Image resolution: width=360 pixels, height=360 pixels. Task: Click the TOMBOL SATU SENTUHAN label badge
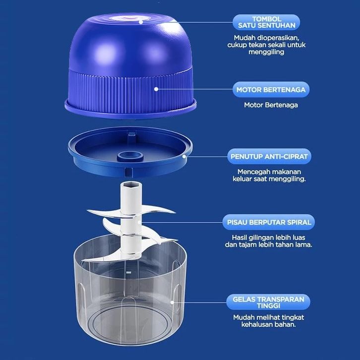pyautogui.click(x=266, y=22)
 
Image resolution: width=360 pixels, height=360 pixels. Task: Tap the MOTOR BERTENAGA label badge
pyautogui.click(x=271, y=90)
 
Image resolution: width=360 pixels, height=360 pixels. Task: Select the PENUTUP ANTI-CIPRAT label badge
pyautogui.click(x=269, y=156)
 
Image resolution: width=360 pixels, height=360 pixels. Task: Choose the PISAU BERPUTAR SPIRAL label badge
pyautogui.click(x=269, y=222)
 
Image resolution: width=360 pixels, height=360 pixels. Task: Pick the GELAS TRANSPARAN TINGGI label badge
pyautogui.click(x=268, y=302)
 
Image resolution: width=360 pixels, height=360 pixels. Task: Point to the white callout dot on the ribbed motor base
pyautogui.click(x=156, y=89)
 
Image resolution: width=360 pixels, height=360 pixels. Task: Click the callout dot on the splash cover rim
pyautogui.click(x=184, y=156)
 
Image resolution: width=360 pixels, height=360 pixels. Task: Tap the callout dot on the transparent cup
pyautogui.click(x=172, y=302)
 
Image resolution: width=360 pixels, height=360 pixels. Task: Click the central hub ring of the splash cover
pyautogui.click(x=130, y=156)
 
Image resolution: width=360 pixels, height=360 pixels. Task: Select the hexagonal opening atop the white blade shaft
pyautogui.click(x=131, y=184)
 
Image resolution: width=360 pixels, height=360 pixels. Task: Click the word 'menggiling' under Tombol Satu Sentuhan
pyautogui.click(x=266, y=52)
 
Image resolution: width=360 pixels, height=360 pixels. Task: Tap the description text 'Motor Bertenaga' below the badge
pyautogui.click(x=271, y=105)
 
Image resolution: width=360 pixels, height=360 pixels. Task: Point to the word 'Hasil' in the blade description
pyautogui.click(x=239, y=238)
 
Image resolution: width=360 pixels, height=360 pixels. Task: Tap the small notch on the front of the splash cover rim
pyautogui.click(x=129, y=171)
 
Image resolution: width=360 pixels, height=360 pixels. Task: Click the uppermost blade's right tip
pyautogui.click(x=176, y=212)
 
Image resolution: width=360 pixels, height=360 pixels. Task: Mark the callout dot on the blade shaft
pyautogui.click(x=139, y=222)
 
